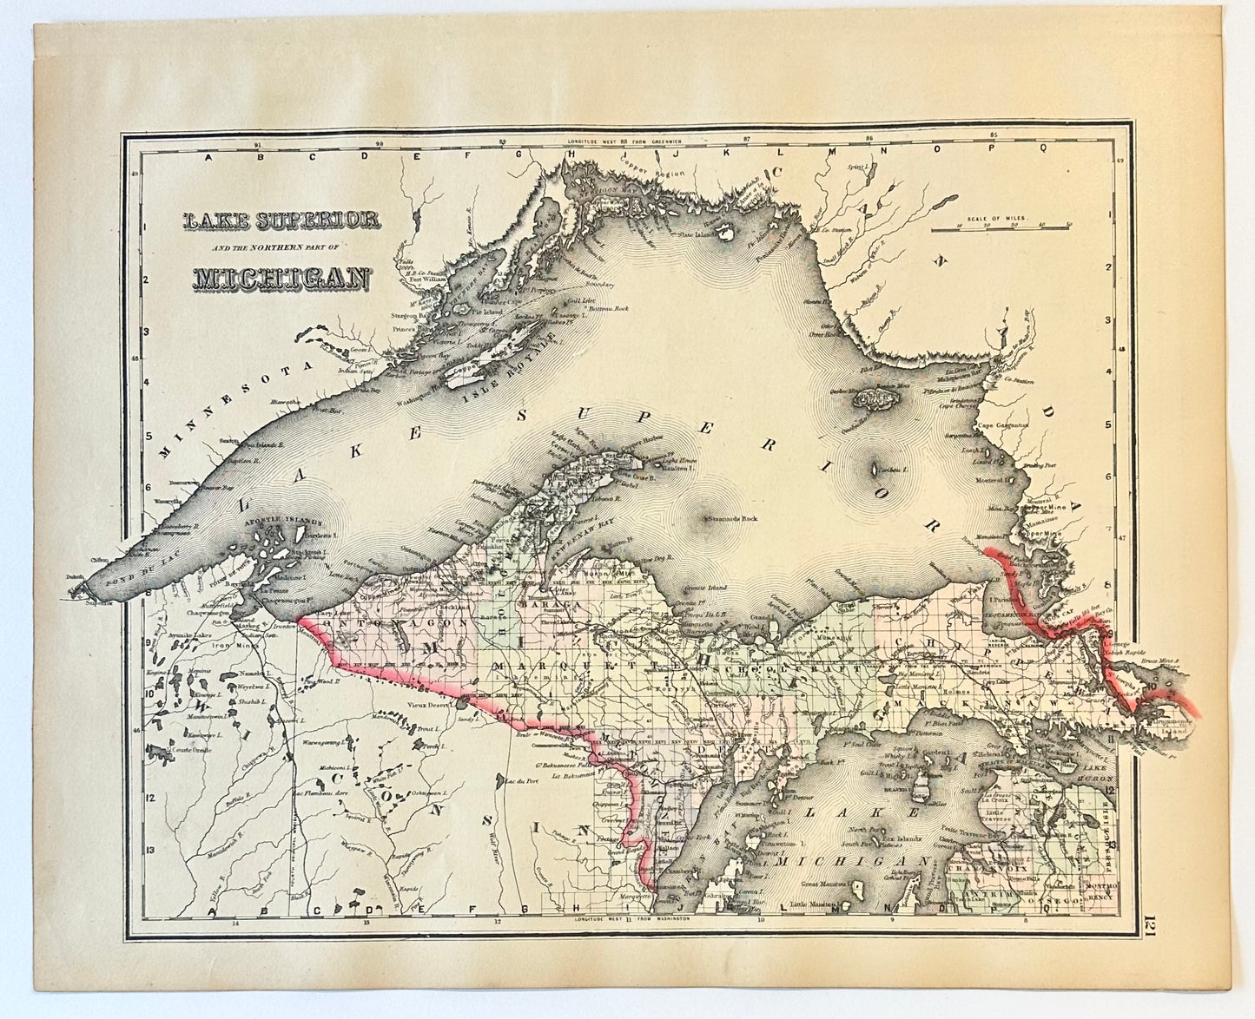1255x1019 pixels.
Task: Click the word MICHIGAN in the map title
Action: (x=281, y=279)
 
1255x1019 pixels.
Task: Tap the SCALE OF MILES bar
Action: (x=1001, y=230)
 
